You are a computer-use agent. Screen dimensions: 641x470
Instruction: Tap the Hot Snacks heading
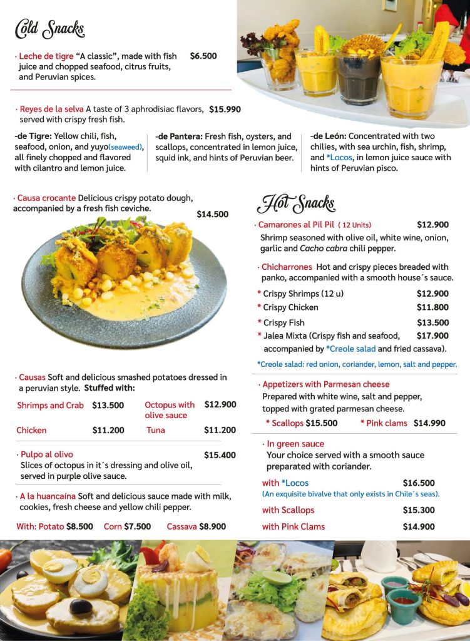[x=296, y=203]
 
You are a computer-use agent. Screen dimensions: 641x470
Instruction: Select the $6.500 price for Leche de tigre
[x=203, y=56]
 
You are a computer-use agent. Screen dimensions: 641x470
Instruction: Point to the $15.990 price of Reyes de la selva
[x=225, y=110]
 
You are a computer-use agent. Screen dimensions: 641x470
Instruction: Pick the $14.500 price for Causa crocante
[x=213, y=214]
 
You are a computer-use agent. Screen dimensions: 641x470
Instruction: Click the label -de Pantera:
[x=179, y=136]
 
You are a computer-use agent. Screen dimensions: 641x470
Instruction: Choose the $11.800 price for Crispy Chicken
[x=432, y=307]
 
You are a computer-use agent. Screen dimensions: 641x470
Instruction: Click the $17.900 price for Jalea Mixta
[x=432, y=336]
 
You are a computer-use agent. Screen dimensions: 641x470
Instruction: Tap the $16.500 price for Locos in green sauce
[x=419, y=483]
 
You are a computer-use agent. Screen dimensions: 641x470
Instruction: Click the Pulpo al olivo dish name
[x=46, y=454]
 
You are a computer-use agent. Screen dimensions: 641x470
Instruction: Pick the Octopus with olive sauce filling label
[x=170, y=410]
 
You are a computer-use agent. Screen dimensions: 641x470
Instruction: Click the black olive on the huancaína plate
[x=81, y=606]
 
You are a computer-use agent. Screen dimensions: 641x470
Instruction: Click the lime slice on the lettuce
[x=277, y=577]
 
